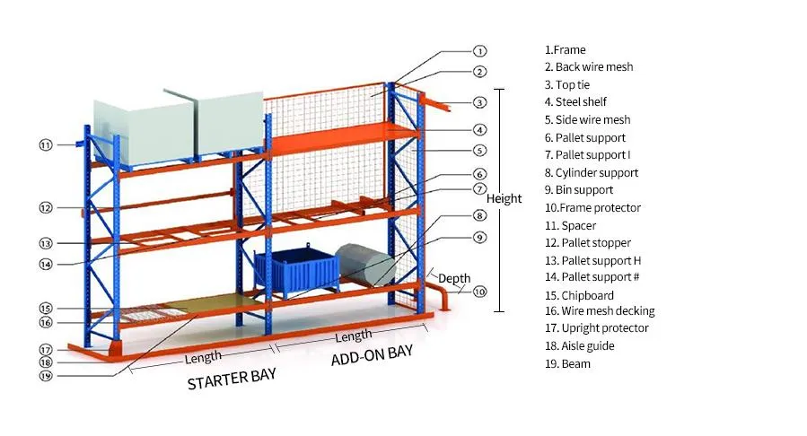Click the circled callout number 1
(x=479, y=52)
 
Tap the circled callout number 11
(x=45, y=144)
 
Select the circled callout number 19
(x=45, y=376)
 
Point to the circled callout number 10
(x=479, y=291)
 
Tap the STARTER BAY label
(x=231, y=379)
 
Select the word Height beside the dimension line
(x=504, y=198)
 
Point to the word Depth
(x=454, y=278)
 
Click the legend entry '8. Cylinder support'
(x=591, y=172)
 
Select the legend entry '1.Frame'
(x=565, y=50)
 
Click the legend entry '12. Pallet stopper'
(x=587, y=242)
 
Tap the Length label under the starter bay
(x=203, y=357)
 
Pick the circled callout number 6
(x=479, y=174)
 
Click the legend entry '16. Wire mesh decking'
(x=599, y=311)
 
